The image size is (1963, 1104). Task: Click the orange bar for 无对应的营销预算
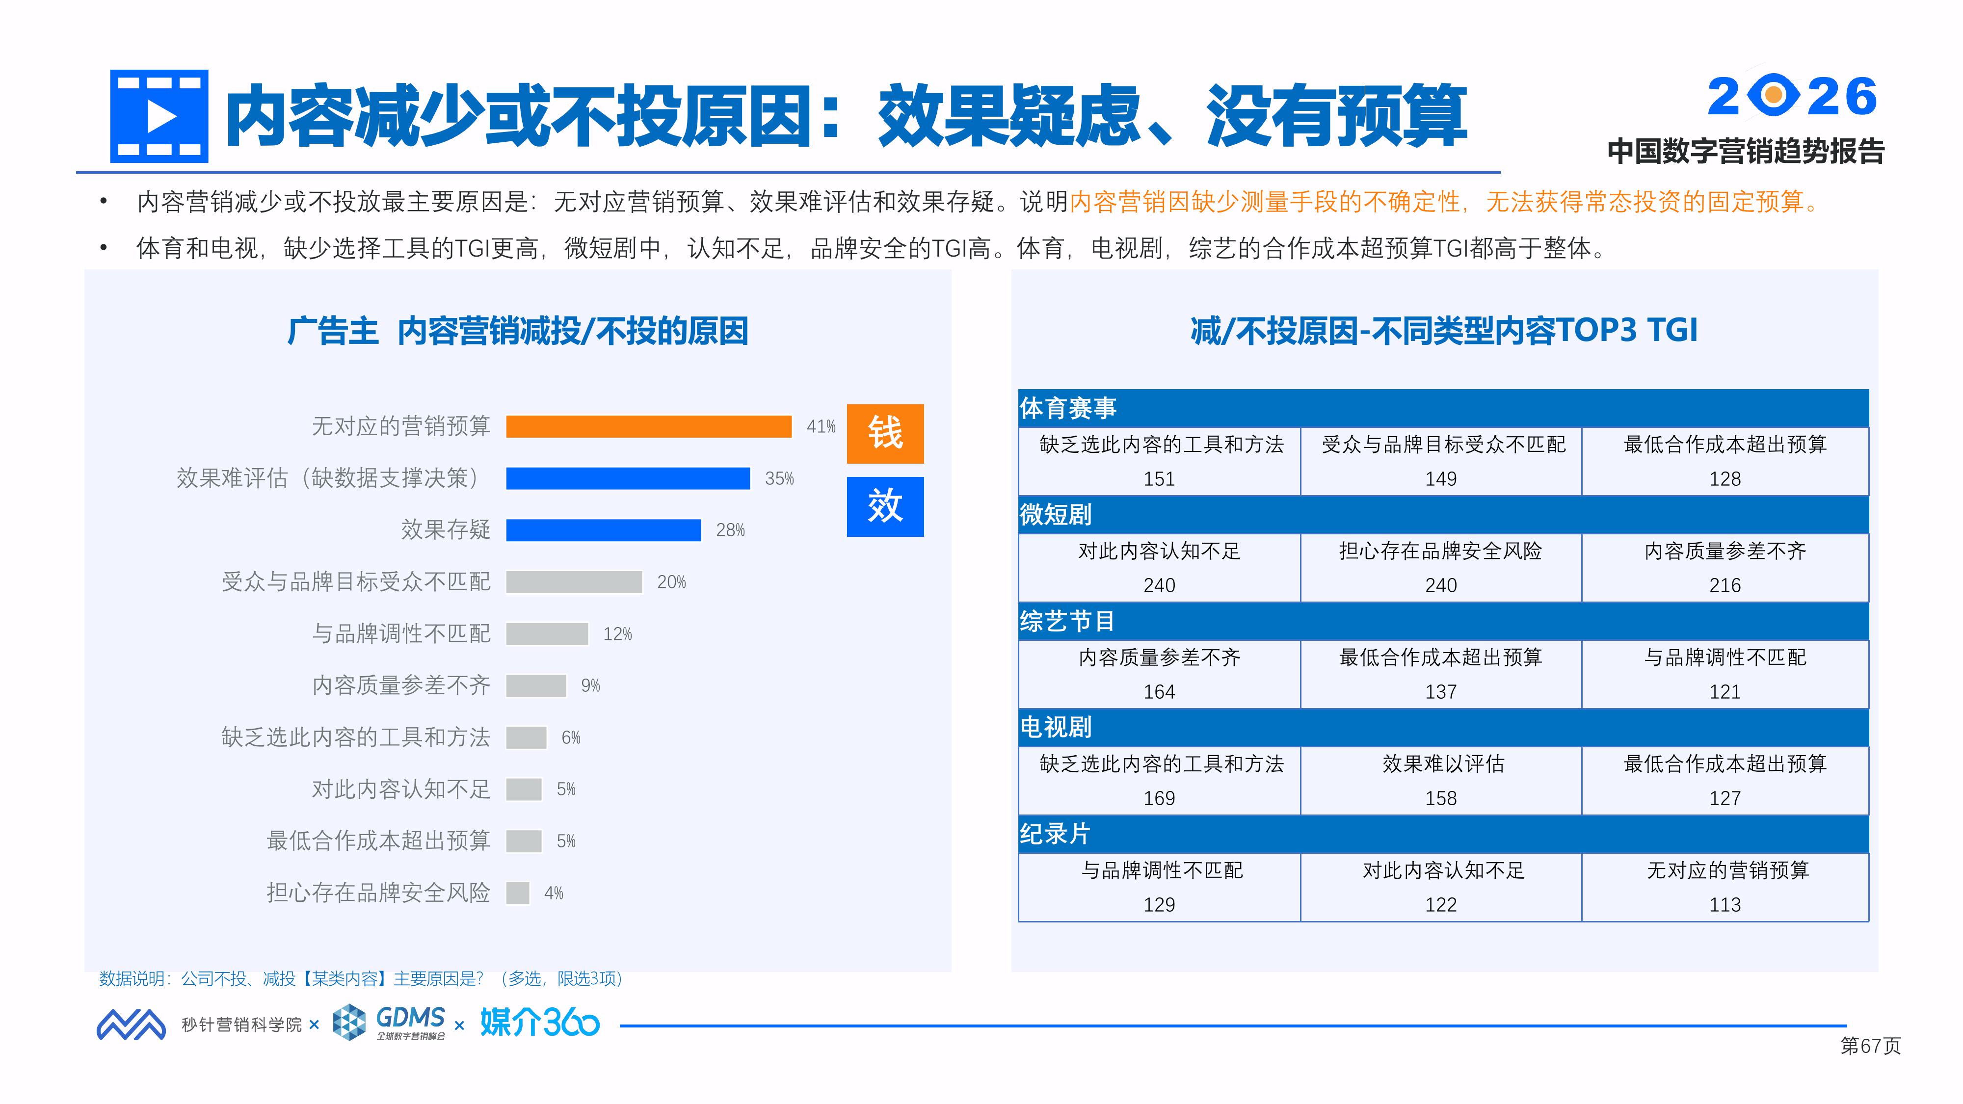pyautogui.click(x=648, y=427)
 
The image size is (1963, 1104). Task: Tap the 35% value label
pyautogui.click(x=779, y=478)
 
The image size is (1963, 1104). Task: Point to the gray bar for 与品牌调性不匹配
pyautogui.click(x=547, y=634)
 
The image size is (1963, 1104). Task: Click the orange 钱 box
pyautogui.click(x=885, y=434)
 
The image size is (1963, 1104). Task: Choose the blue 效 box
pyautogui.click(x=885, y=507)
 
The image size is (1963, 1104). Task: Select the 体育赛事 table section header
pyautogui.click(x=1067, y=408)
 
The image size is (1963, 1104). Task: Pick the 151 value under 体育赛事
pyautogui.click(x=1159, y=479)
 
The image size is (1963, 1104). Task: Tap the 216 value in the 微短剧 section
pyautogui.click(x=1725, y=585)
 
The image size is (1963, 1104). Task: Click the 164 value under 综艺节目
pyautogui.click(x=1159, y=692)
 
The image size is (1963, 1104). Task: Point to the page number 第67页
pyautogui.click(x=1870, y=1046)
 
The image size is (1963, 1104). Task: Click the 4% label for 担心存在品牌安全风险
pyautogui.click(x=554, y=893)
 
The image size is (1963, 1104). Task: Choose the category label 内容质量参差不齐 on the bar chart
pyautogui.click(x=401, y=686)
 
